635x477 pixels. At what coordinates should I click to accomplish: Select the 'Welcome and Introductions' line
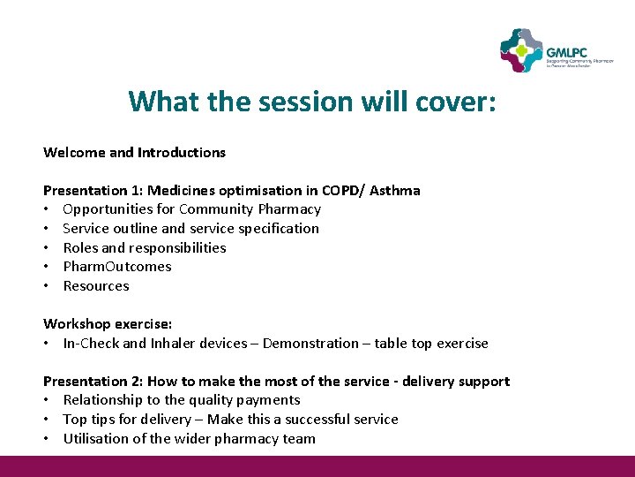click(134, 152)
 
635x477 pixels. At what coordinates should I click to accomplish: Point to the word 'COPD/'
click(341, 190)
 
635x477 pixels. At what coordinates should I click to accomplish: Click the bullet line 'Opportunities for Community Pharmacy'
click(191, 209)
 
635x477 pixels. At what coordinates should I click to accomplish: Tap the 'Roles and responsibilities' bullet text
click(145, 247)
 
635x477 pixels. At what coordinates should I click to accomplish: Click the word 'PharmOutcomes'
click(117, 267)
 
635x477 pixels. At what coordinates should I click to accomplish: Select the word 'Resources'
click(96, 286)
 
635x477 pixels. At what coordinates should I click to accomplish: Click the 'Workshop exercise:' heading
click(108, 324)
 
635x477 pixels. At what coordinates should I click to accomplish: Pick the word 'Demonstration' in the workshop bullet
click(313, 344)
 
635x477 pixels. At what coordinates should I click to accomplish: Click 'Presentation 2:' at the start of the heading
click(93, 382)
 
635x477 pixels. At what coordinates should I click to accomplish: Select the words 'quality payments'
click(252, 400)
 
